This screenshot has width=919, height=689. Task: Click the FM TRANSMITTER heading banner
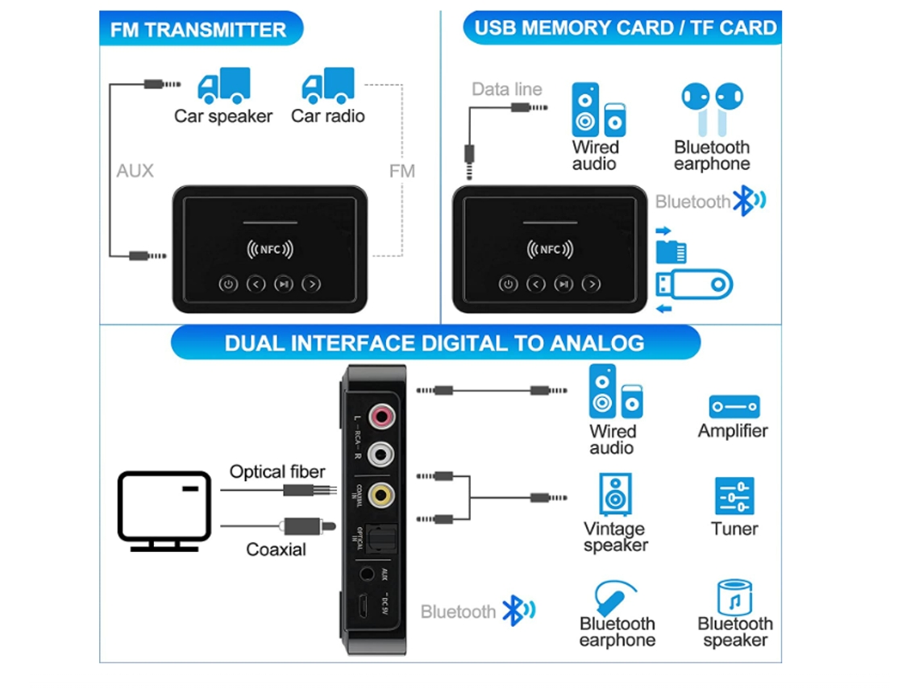(x=199, y=30)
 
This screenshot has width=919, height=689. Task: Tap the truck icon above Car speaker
(x=223, y=85)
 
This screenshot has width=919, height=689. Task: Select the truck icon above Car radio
(x=327, y=86)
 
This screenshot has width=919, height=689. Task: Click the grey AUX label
(x=135, y=171)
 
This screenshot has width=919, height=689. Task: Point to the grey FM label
(x=401, y=171)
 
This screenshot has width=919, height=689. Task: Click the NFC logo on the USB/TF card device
(x=549, y=250)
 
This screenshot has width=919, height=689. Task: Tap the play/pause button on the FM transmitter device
(x=283, y=284)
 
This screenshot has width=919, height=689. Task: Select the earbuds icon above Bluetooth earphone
(x=712, y=107)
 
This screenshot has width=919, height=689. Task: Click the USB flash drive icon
(x=694, y=284)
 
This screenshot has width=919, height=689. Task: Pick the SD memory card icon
(x=671, y=251)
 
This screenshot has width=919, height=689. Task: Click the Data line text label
(x=507, y=89)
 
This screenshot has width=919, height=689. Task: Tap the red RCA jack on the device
(x=381, y=417)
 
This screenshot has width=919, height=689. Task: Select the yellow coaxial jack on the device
(x=381, y=493)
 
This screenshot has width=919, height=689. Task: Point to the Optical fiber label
(x=277, y=471)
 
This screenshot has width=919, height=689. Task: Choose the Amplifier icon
(x=734, y=406)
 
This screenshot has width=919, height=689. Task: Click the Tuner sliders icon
(x=734, y=496)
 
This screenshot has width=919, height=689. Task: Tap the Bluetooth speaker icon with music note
(x=734, y=597)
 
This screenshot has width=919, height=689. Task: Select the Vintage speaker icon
(x=615, y=494)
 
